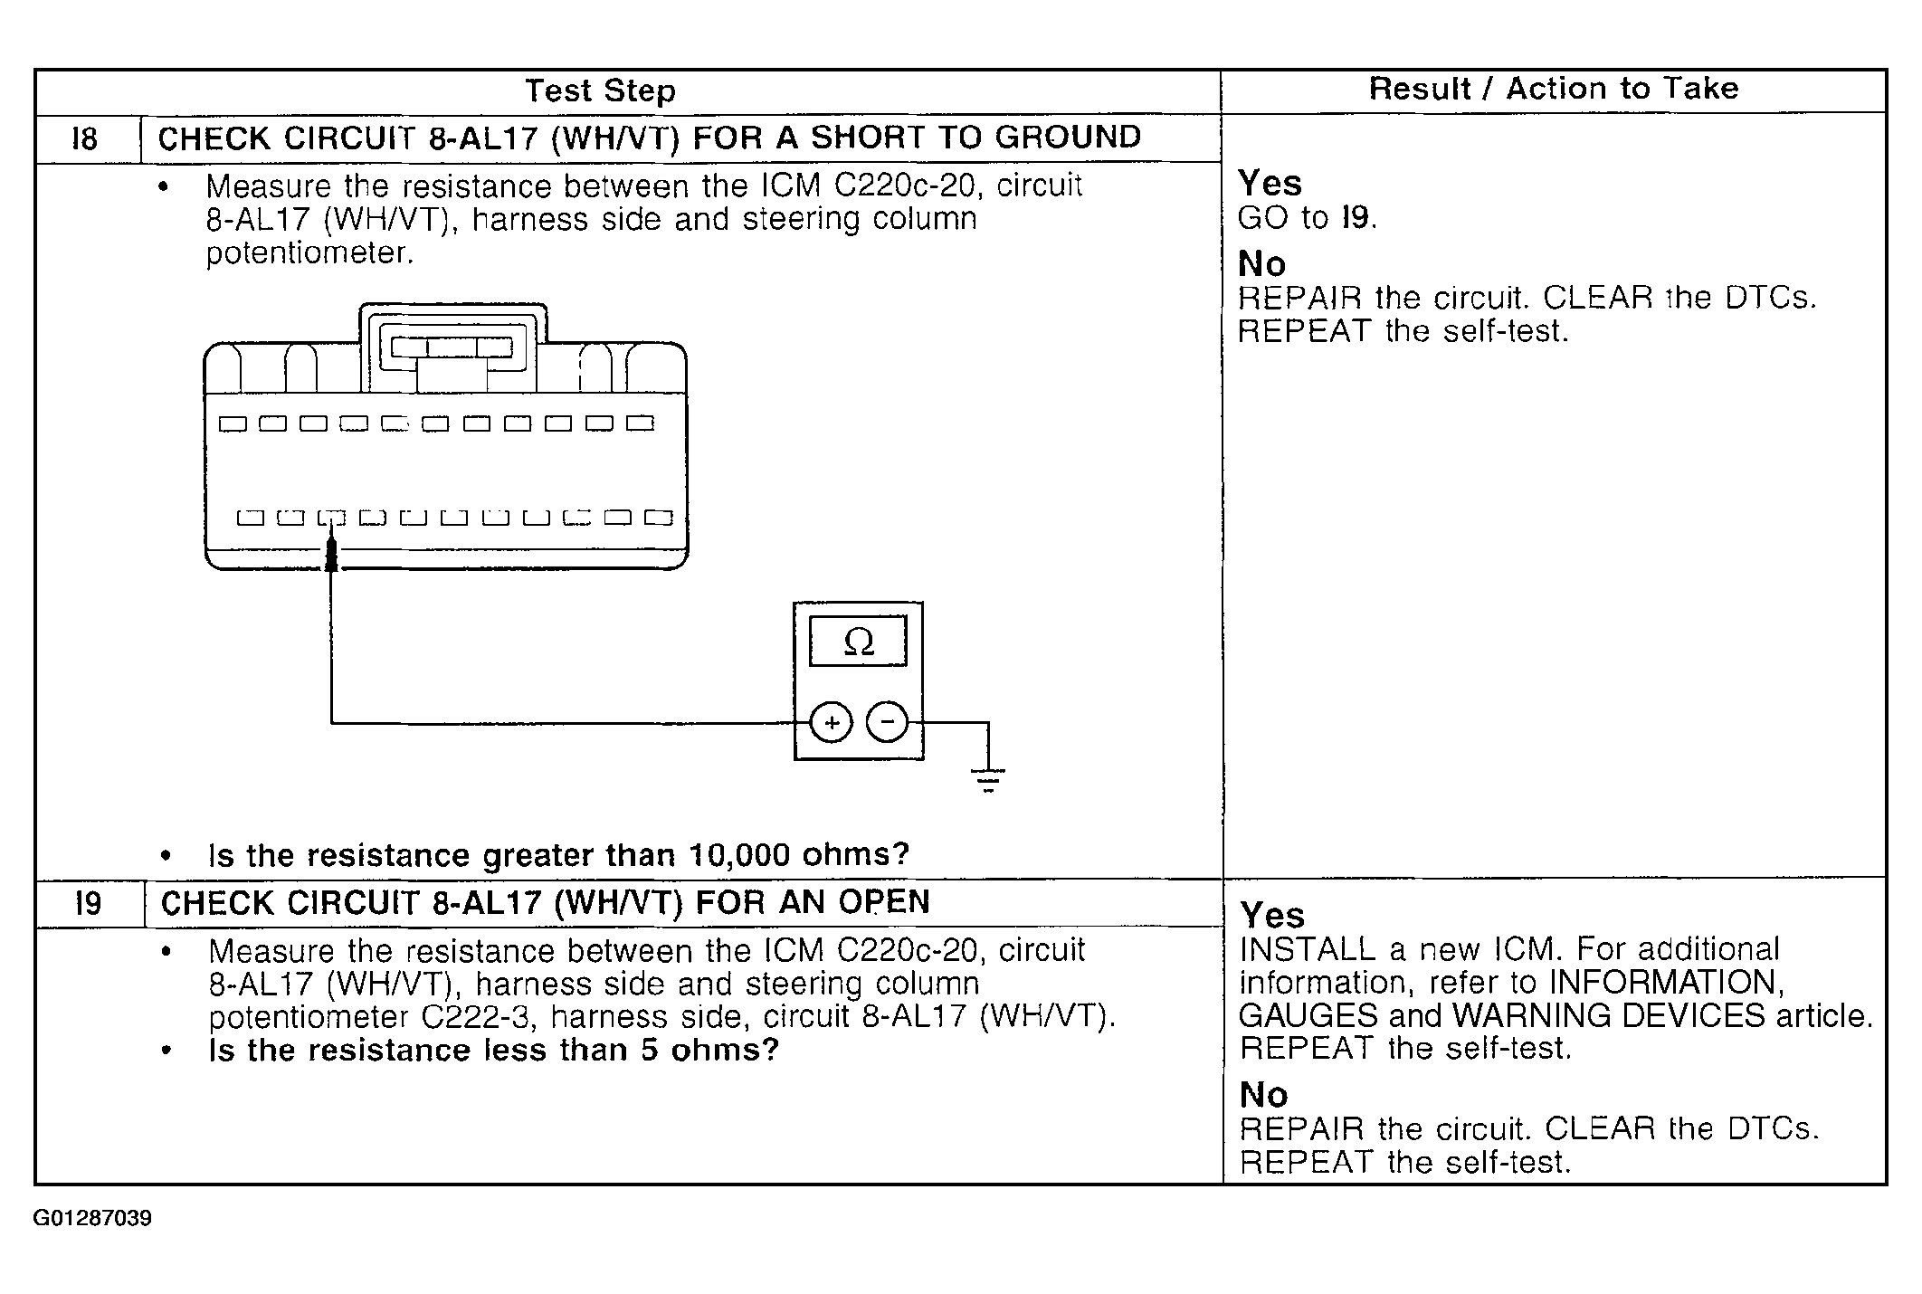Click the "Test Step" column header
tap(600, 91)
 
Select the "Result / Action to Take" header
tap(1553, 90)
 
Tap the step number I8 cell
tap(85, 139)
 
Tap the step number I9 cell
tap(88, 903)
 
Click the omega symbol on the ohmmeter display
tap(858, 642)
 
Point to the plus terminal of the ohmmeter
tap(831, 722)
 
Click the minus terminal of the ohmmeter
tap(887, 722)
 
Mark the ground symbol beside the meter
tap(987, 777)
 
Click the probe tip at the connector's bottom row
tap(331, 552)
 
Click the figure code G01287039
tap(92, 1218)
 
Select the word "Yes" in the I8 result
tap(1270, 184)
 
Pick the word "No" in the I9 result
tap(1263, 1095)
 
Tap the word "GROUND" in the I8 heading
tap(1068, 138)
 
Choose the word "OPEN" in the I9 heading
tap(883, 902)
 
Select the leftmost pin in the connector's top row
tap(233, 423)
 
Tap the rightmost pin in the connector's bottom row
tap(658, 518)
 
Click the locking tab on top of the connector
tap(452, 347)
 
